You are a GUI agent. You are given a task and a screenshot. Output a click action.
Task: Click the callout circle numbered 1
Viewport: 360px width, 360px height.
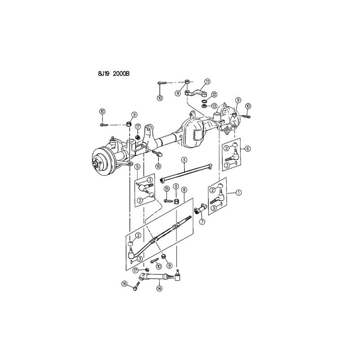pos(239,192)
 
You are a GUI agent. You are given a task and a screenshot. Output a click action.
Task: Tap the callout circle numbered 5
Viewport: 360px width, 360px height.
pos(137,166)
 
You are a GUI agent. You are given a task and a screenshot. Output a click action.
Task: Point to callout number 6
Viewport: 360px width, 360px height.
pos(247,148)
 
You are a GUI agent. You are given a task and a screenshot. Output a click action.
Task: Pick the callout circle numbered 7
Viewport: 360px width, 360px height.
pos(202,222)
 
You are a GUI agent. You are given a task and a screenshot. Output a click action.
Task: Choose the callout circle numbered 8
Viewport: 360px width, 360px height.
pos(184,189)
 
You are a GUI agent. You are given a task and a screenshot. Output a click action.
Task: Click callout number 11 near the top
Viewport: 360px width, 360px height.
pos(207,81)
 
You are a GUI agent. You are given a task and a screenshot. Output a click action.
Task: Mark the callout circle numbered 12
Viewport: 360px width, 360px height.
pos(214,94)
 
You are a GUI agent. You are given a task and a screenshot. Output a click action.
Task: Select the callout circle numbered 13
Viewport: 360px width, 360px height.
pos(214,106)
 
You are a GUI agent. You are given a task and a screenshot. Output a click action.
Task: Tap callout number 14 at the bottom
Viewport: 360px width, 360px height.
pos(159,288)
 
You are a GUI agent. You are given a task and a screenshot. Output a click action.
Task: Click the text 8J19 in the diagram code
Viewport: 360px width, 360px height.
pos(104,74)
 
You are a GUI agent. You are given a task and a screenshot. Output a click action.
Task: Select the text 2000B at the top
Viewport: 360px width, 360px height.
pos(121,74)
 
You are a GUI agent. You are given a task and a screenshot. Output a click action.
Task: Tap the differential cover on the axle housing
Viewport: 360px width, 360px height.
pos(193,134)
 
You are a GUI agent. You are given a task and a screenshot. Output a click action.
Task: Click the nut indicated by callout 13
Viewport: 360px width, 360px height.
pos(203,106)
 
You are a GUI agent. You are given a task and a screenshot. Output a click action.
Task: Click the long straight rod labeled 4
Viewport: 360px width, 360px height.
pos(186,172)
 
